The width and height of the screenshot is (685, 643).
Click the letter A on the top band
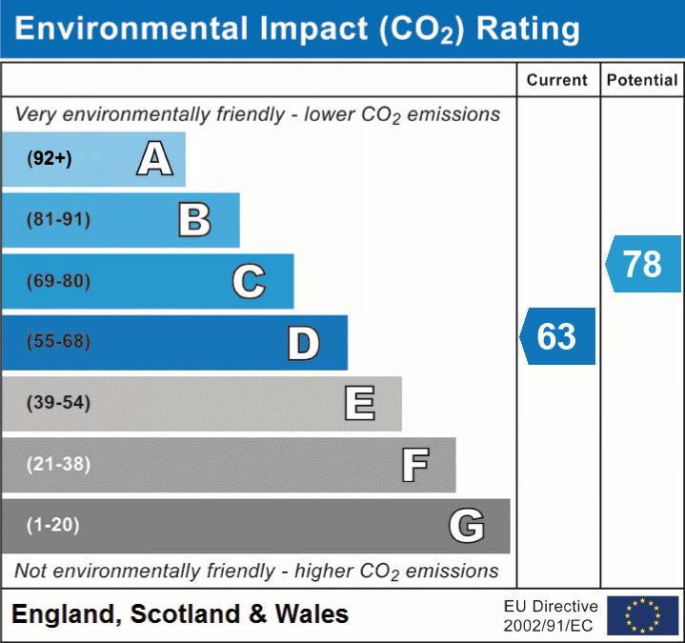[154, 158]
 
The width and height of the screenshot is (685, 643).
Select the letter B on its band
[194, 220]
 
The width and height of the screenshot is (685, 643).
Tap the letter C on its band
[249, 281]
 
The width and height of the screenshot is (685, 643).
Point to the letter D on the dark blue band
[303, 343]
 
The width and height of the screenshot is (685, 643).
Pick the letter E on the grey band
[358, 403]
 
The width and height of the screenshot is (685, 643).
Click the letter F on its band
[414, 465]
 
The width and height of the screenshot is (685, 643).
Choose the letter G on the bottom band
[467, 525]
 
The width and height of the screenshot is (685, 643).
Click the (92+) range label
[50, 159]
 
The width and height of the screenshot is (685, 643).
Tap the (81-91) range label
[58, 220]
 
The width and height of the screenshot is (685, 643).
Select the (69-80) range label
[58, 281]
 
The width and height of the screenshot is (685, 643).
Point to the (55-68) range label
[58, 342]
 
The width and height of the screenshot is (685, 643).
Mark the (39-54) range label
[58, 403]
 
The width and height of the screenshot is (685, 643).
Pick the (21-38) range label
[58, 464]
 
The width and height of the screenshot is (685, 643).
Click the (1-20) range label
[52, 525]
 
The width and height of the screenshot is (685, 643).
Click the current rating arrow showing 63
[558, 336]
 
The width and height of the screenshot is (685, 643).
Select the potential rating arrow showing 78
[644, 264]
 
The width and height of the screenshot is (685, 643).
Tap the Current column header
[557, 81]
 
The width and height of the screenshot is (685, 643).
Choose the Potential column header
[642, 81]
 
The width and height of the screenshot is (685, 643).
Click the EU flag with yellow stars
[642, 615]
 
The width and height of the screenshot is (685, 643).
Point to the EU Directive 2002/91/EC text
[551, 615]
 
